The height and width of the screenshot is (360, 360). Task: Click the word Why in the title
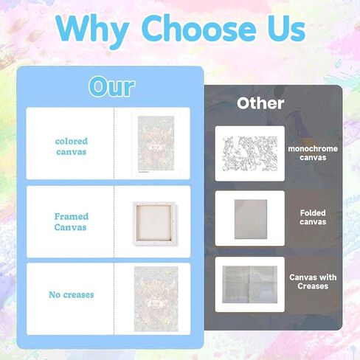click(x=92, y=31)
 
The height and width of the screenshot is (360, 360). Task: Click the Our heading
click(x=112, y=86)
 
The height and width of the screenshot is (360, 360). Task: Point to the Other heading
click(x=260, y=103)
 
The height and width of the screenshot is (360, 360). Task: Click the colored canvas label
click(x=72, y=147)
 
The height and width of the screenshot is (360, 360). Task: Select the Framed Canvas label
click(x=71, y=222)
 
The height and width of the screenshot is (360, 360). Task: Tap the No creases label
click(x=72, y=294)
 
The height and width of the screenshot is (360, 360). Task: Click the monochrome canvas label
click(x=313, y=153)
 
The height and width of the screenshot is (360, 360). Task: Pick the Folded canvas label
click(x=313, y=218)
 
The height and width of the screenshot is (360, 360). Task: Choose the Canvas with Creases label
click(x=313, y=282)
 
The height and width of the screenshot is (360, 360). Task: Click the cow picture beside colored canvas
click(x=156, y=143)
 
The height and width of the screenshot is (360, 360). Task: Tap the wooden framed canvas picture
click(x=154, y=224)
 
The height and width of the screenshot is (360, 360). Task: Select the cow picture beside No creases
click(x=156, y=299)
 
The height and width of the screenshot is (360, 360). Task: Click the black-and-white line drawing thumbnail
click(x=250, y=153)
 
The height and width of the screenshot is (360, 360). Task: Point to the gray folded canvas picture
click(x=251, y=219)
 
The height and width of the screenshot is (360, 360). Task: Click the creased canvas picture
click(x=249, y=285)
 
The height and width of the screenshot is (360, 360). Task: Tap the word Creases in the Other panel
click(x=313, y=286)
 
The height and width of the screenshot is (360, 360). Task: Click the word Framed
click(x=72, y=217)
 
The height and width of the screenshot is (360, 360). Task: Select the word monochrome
click(x=313, y=149)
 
